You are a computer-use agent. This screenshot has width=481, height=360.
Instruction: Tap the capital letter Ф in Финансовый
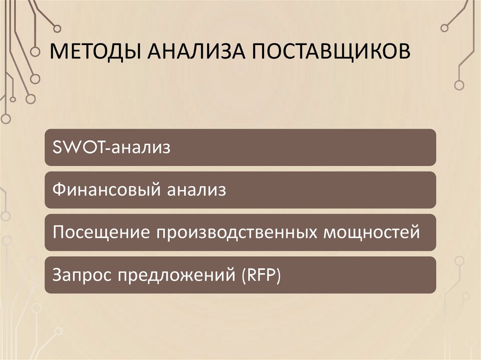tap(58, 190)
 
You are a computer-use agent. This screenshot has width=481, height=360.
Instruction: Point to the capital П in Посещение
tap(58, 232)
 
